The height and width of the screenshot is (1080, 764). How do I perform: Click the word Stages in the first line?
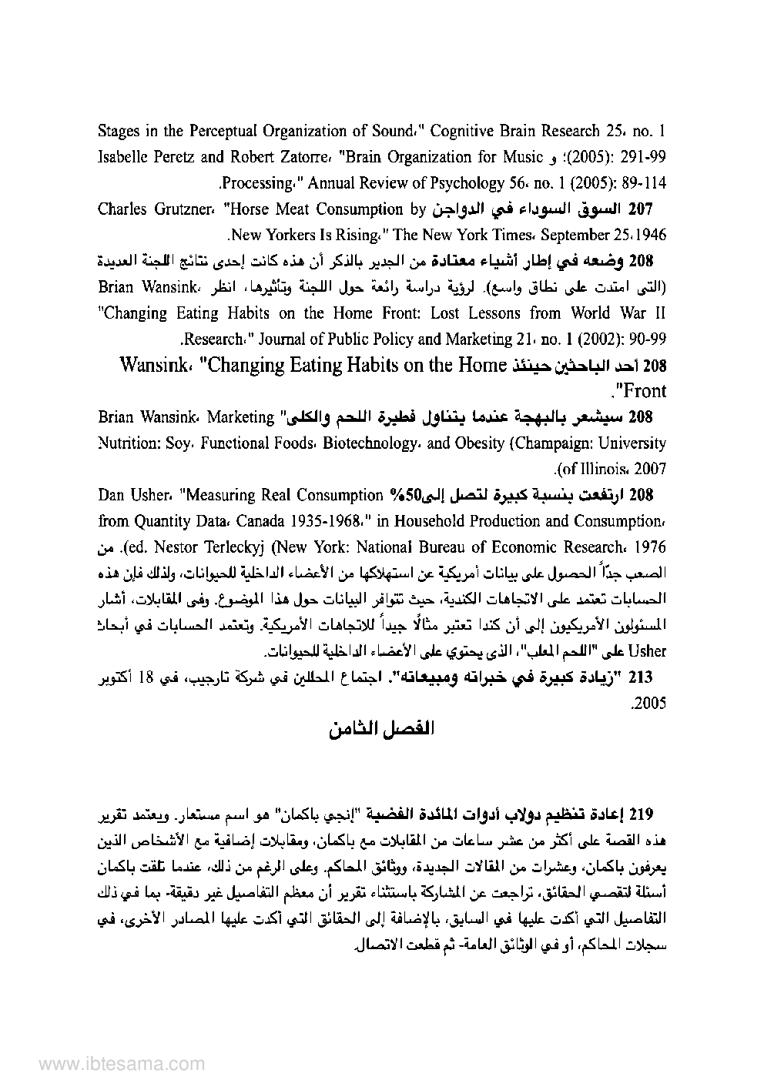point(119,130)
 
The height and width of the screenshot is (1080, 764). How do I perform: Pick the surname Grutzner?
point(177,209)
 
